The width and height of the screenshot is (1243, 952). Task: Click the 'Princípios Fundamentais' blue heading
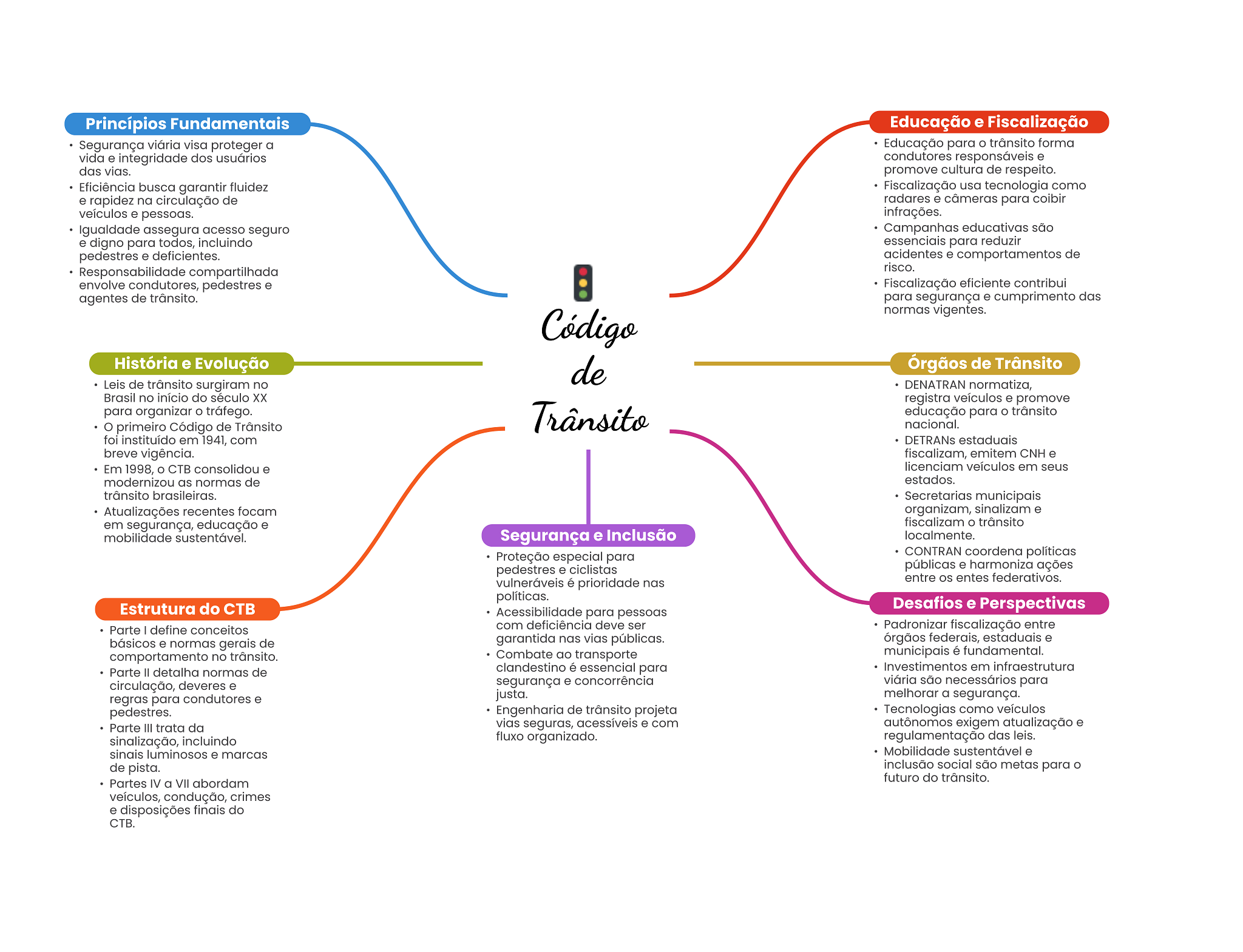[187, 124]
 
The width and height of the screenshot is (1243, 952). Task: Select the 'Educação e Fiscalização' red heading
[988, 122]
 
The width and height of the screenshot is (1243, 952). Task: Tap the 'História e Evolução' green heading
[191, 363]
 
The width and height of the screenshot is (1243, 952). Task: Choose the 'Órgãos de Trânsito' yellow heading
[984, 363]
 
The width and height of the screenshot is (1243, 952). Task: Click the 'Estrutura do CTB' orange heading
[187, 609]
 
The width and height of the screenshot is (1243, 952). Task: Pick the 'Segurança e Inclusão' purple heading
[588, 535]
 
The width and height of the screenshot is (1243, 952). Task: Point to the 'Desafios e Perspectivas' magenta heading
[988, 603]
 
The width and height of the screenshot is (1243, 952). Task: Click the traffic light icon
[583, 283]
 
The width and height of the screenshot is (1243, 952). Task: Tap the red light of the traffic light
[583, 272]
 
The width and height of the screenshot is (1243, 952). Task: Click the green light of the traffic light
[583, 294]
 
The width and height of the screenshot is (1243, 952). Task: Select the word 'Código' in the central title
[589, 327]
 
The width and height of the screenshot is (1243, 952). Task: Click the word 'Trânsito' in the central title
[590, 419]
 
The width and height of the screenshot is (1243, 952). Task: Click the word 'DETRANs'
[930, 441]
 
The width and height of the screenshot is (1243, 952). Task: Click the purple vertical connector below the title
[588, 485]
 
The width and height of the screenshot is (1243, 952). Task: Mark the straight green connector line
[388, 363]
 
